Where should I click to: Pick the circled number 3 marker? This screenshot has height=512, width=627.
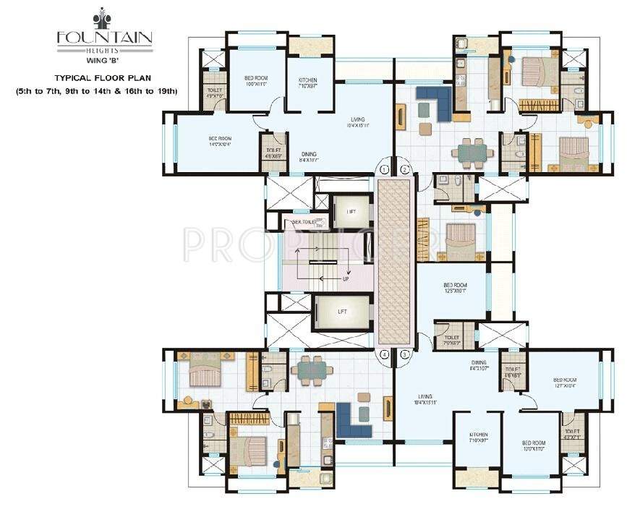(405, 354)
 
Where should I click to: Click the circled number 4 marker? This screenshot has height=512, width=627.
(385, 354)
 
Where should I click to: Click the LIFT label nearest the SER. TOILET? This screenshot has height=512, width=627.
(351, 211)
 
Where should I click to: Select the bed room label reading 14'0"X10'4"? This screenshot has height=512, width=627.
(220, 140)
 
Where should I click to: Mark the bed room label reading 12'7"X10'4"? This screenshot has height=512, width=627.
(564, 383)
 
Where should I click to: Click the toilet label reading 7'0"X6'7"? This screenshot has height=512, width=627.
(452, 339)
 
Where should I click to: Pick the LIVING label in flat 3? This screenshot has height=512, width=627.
(425, 397)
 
